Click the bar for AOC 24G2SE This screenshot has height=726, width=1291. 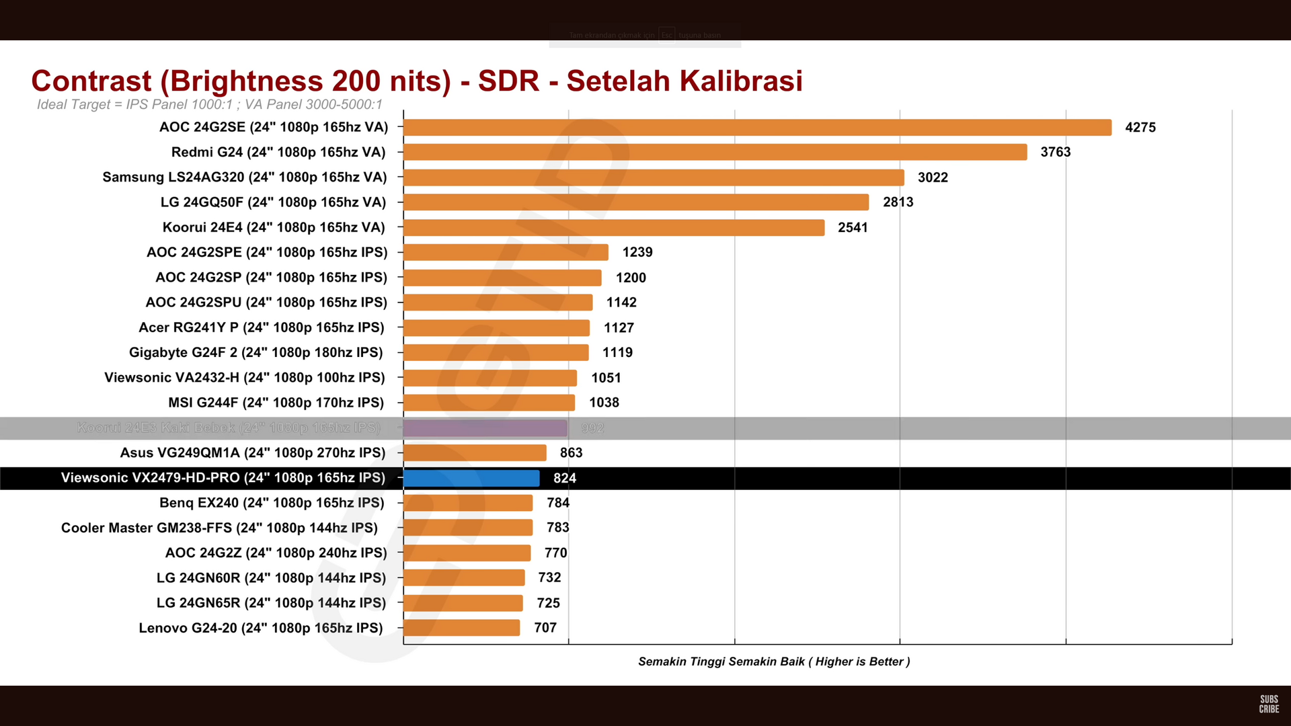[x=757, y=128]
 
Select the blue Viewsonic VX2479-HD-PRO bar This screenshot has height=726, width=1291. [x=471, y=478]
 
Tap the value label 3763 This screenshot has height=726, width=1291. [x=1055, y=153]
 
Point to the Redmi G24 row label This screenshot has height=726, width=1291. [x=278, y=153]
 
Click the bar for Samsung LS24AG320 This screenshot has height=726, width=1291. [x=654, y=177]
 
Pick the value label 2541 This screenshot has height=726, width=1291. [x=853, y=228]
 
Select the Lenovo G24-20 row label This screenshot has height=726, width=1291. [x=261, y=628]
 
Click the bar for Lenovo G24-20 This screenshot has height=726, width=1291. [x=462, y=628]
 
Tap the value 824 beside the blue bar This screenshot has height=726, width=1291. [x=565, y=478]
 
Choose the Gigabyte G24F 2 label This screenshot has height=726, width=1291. [x=256, y=352]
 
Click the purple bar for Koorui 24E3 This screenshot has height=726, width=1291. [x=485, y=428]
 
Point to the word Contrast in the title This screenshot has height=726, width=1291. [x=91, y=81]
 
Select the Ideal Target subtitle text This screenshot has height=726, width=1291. [x=209, y=105]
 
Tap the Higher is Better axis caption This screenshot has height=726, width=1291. [x=774, y=661]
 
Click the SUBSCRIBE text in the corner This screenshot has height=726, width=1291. [x=1269, y=704]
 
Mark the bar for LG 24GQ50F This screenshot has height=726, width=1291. [x=636, y=202]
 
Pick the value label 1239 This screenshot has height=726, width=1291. [x=637, y=252]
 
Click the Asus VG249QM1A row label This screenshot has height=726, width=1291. [x=253, y=453]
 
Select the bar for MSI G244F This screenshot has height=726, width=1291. [x=490, y=403]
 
